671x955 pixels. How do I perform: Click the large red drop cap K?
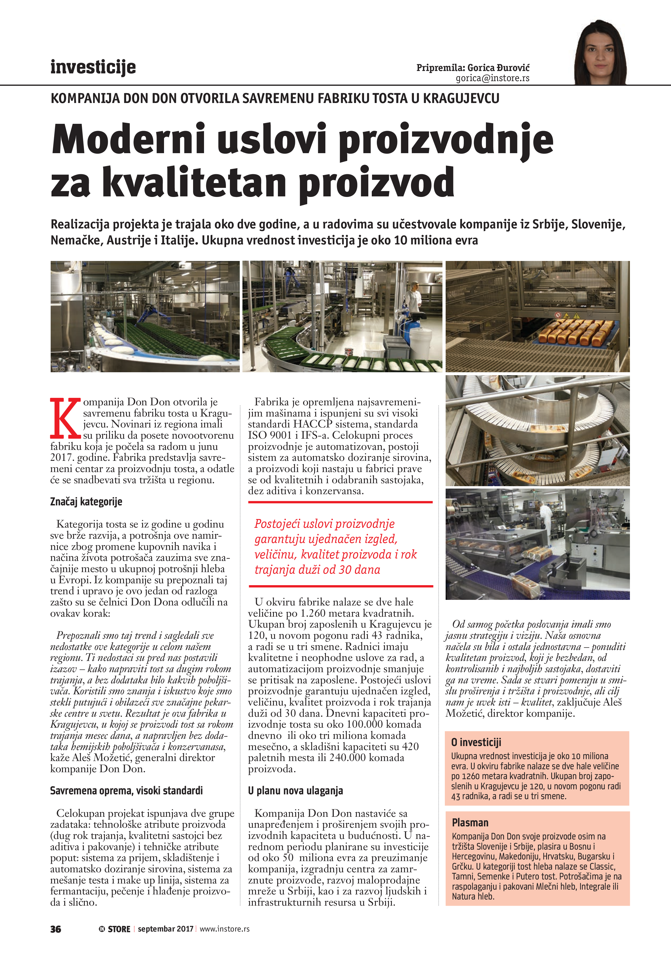coord(65,418)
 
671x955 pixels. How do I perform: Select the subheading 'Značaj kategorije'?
coord(86,502)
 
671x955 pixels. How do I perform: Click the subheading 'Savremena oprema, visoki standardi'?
coord(126,791)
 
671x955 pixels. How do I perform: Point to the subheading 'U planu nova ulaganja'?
coord(295,791)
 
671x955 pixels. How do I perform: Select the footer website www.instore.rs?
coord(225,929)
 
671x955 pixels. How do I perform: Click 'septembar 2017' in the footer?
coord(165,929)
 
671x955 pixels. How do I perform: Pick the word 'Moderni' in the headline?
coord(129,140)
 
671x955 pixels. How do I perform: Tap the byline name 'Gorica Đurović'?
coord(498,68)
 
